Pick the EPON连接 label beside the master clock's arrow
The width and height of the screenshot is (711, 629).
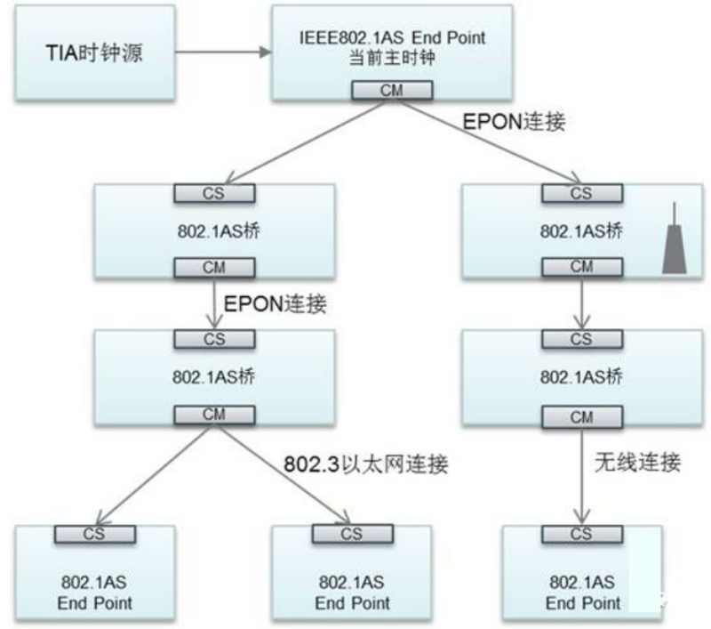click(x=515, y=122)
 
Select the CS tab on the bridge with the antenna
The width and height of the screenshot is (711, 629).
click(x=580, y=192)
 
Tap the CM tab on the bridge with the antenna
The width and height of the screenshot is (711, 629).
click(x=580, y=266)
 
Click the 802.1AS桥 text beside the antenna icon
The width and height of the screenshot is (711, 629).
click(x=580, y=230)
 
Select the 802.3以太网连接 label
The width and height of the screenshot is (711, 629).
click(x=366, y=464)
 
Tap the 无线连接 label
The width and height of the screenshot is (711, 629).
click(x=636, y=463)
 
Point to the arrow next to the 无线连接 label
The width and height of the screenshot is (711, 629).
click(x=581, y=475)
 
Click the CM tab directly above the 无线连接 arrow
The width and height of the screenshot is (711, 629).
click(x=580, y=415)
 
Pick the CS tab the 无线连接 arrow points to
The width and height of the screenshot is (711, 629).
click(x=580, y=534)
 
